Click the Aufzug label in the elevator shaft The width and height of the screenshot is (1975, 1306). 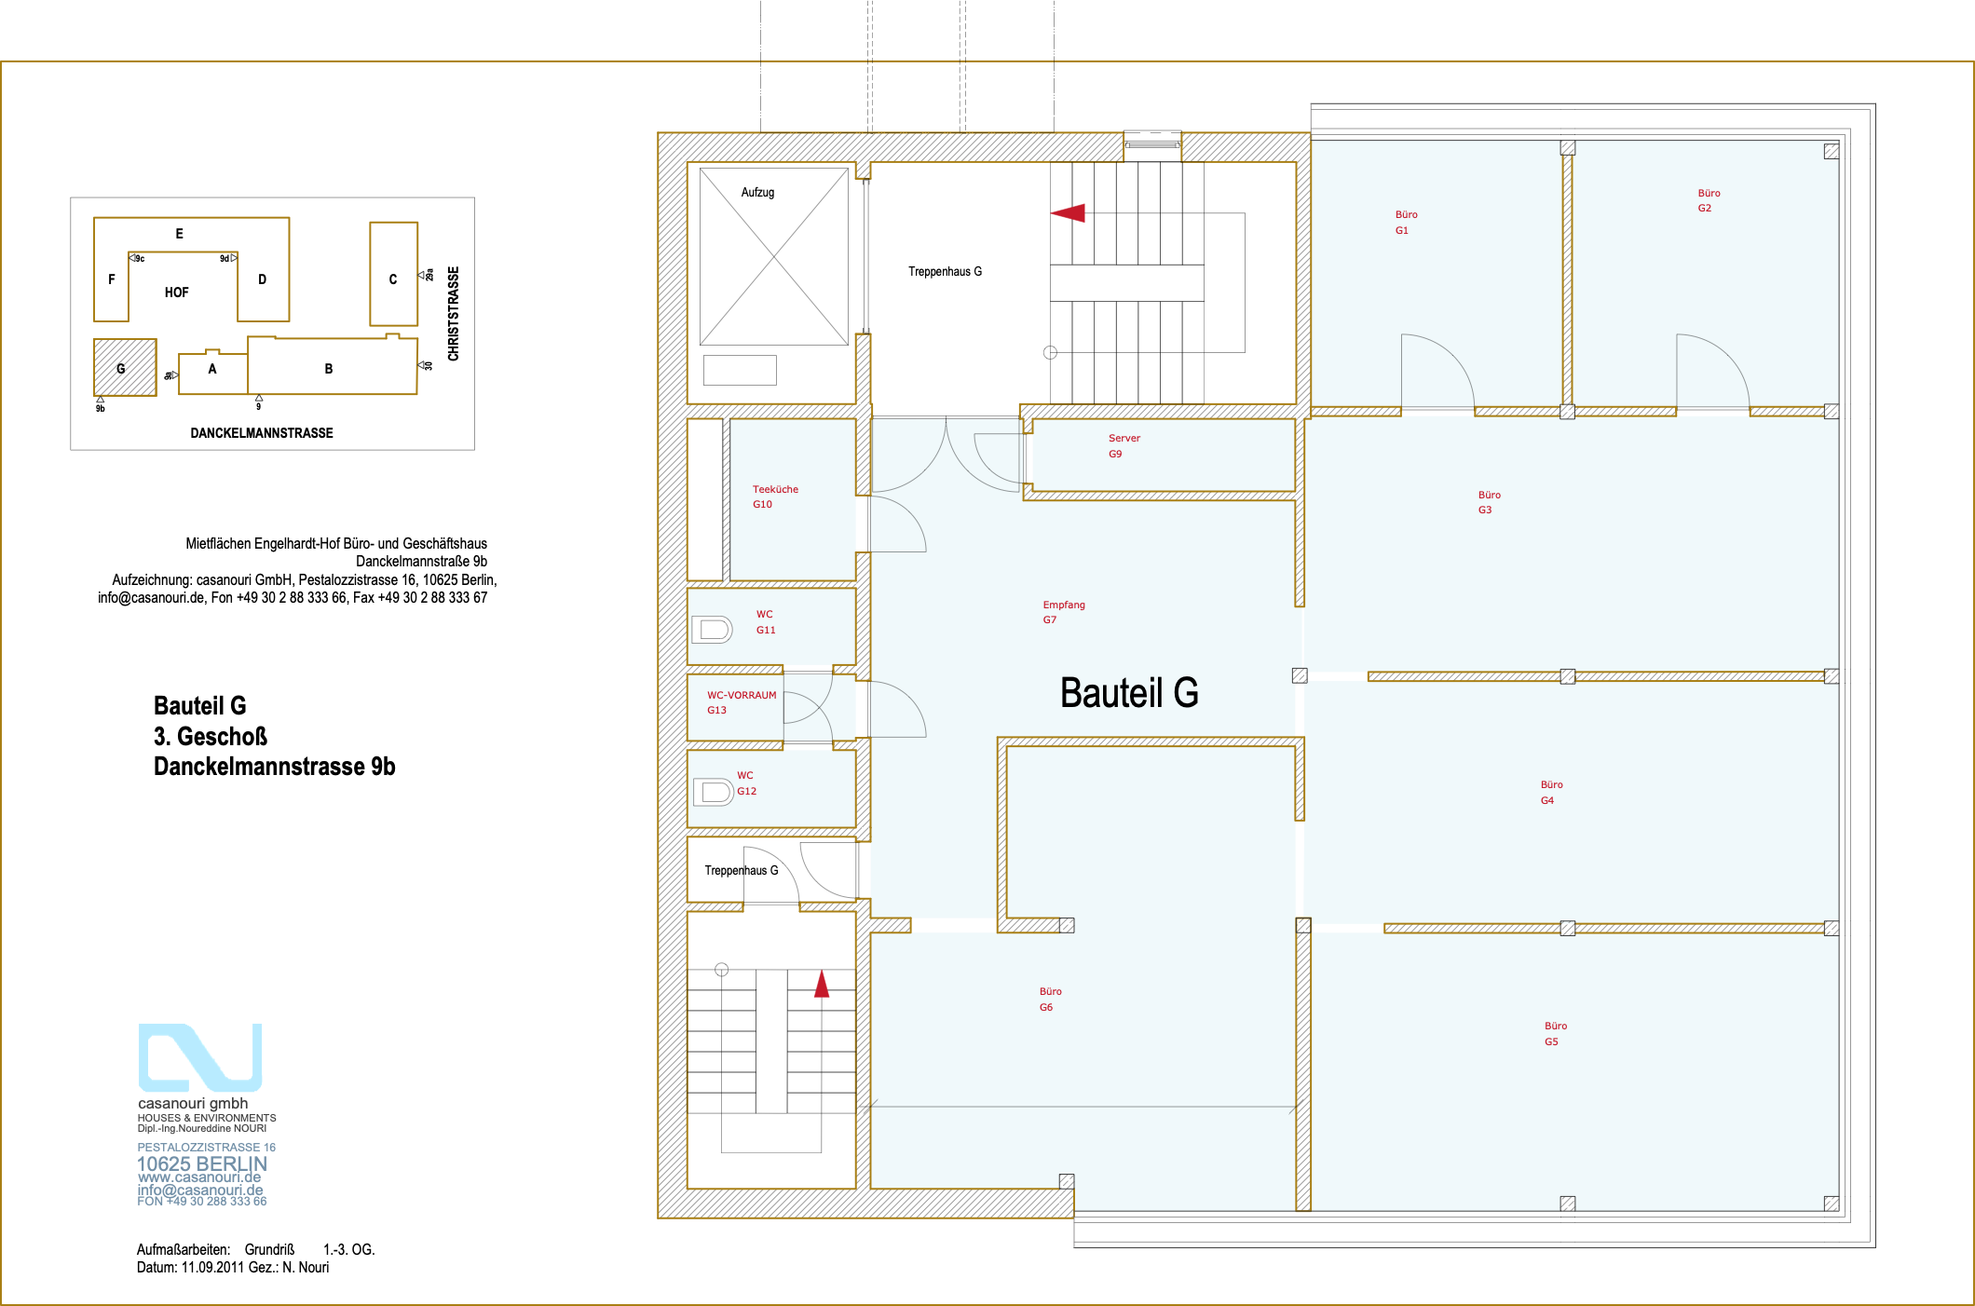(757, 193)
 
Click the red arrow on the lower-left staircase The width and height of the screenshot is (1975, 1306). (822, 984)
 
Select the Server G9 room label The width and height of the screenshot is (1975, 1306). (1124, 446)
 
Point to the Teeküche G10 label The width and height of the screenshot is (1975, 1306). (775, 497)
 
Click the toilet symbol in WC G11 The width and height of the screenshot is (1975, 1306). (713, 630)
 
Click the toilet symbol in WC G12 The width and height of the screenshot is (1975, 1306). (714, 792)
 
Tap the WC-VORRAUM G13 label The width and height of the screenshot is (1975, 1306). (741, 702)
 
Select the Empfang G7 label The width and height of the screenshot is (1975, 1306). (1063, 612)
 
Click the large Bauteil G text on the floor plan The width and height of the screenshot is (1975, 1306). (1129, 693)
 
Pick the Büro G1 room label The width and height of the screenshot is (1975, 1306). (1406, 223)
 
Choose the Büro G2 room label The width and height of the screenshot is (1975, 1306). (1708, 200)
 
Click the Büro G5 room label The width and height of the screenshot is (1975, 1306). (1555, 1034)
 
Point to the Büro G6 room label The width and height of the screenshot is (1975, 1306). (1050, 1000)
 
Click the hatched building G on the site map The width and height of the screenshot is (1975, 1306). (125, 368)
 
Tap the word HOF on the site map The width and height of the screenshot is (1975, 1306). (176, 292)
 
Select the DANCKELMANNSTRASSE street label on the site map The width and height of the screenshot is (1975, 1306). (262, 433)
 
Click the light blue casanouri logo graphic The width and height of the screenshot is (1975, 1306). (200, 1058)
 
